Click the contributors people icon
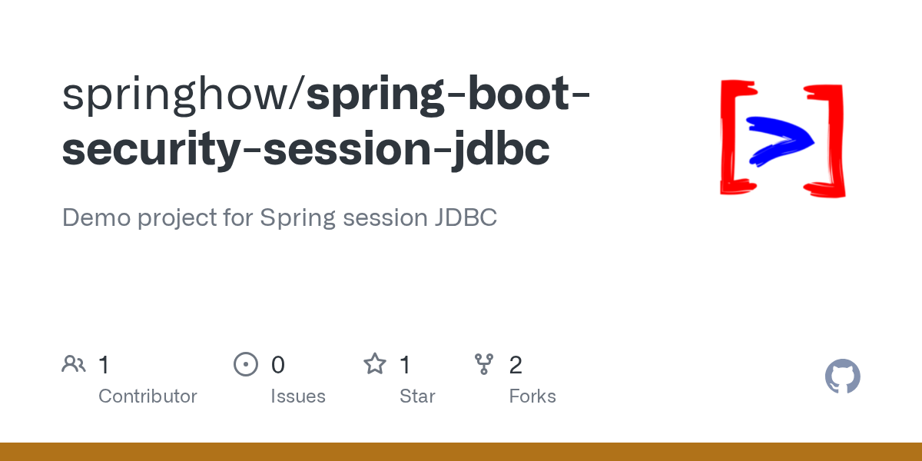(74, 364)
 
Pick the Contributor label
(148, 396)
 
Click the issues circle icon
(245, 364)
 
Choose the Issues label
(297, 396)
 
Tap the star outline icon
(375, 364)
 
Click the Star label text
(417, 396)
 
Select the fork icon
(484, 364)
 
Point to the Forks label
(532, 396)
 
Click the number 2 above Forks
(516, 365)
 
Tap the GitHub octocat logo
(843, 376)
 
